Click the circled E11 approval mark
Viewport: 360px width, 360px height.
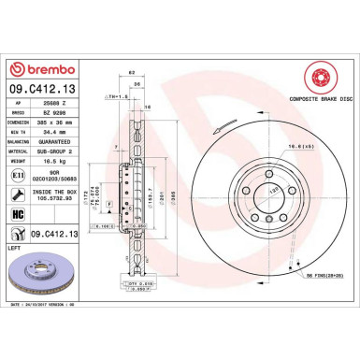pyautogui.click(x=19, y=175)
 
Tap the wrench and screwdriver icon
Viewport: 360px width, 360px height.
pyautogui.click(x=19, y=194)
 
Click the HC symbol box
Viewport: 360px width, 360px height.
pyautogui.click(x=19, y=214)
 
